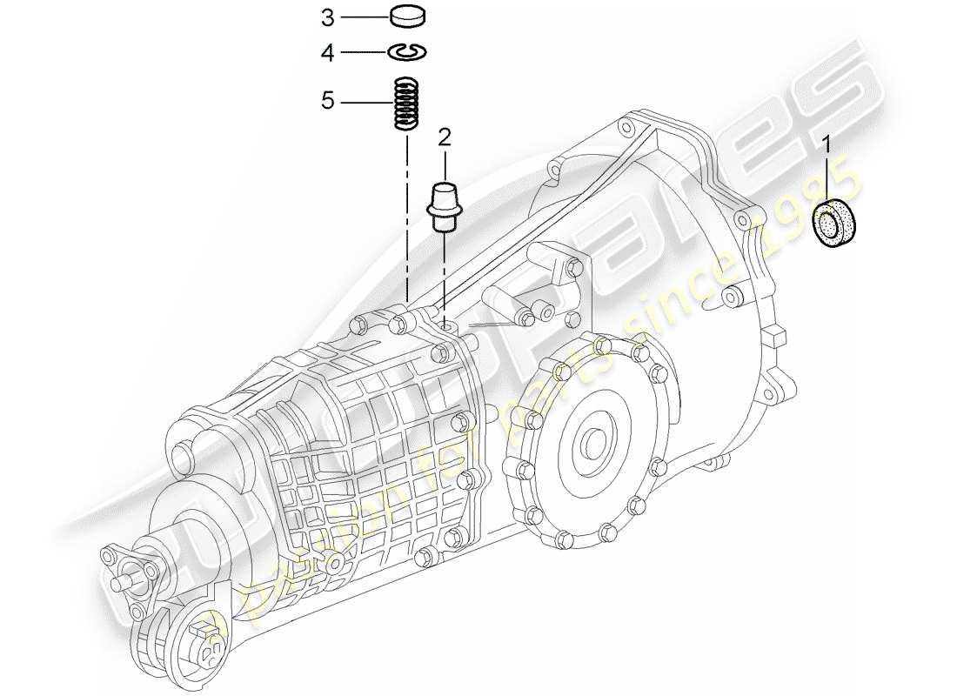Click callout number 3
(327, 17)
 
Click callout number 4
(327, 53)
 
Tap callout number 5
(327, 101)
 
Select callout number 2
(445, 137)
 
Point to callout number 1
(827, 144)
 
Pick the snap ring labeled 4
(406, 53)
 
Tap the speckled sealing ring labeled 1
(835, 224)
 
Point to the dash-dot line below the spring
(406, 217)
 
